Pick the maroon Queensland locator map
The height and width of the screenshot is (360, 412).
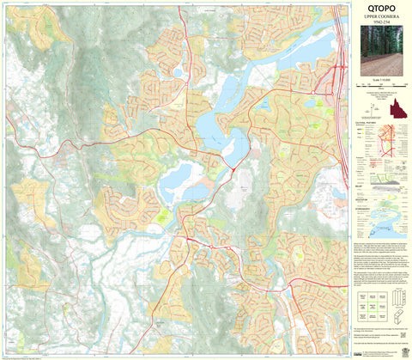(396, 110)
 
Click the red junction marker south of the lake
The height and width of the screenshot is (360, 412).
(233, 169)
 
